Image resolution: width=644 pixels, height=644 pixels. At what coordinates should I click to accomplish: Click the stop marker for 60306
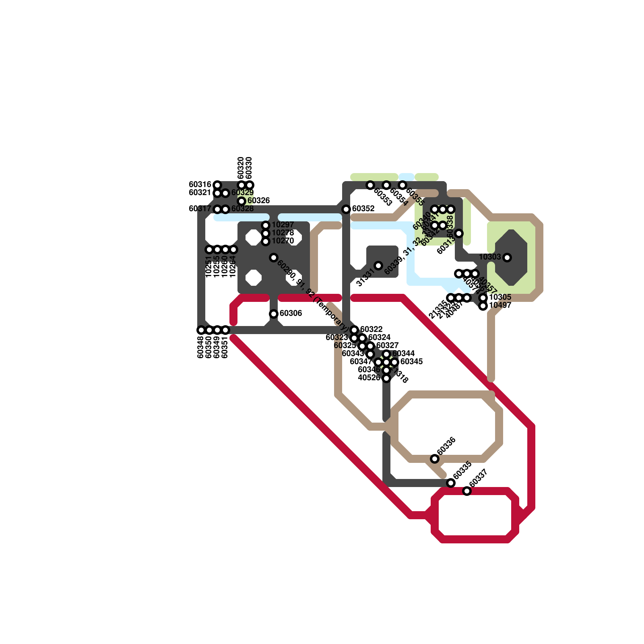(274, 314)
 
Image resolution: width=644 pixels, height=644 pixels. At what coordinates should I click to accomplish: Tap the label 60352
(363, 208)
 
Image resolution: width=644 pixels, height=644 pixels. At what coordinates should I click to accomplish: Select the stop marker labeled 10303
(507, 258)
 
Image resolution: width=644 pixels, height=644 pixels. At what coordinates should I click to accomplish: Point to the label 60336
(446, 446)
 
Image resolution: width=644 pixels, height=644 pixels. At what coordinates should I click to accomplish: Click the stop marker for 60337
(467, 491)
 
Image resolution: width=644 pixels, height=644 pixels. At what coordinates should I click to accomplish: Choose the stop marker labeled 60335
(451, 483)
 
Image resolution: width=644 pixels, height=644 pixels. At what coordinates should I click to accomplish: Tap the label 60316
(200, 184)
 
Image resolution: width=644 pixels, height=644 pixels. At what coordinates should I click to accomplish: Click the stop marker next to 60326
(242, 201)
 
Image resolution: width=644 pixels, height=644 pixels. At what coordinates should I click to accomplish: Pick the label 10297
(283, 225)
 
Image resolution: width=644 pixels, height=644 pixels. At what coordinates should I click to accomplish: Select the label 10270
(283, 241)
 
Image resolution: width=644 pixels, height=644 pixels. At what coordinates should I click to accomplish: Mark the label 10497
(500, 305)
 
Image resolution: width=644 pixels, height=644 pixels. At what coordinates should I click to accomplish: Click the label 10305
(500, 297)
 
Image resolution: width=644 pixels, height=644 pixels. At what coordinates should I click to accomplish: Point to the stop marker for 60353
(370, 185)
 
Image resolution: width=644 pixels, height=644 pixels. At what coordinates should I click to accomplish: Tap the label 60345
(411, 361)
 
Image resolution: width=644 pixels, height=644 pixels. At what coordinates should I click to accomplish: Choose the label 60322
(371, 329)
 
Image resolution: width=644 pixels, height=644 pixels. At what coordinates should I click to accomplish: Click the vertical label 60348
(201, 347)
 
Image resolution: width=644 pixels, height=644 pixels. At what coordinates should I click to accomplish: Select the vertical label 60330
(249, 168)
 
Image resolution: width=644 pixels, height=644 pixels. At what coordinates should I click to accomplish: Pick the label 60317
(200, 208)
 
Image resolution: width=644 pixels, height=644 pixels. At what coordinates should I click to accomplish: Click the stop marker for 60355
(402, 185)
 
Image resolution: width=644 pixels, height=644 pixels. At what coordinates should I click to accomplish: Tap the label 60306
(291, 313)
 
